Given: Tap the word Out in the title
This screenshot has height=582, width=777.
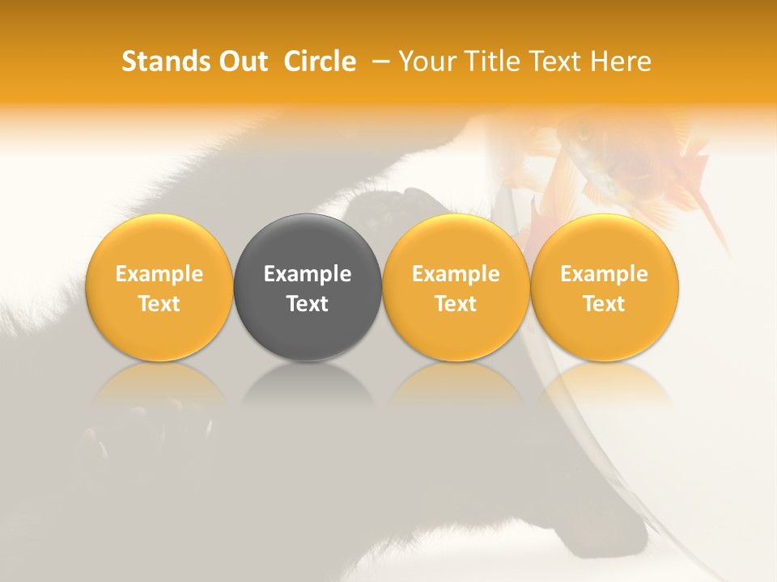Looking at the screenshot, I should coord(241,61).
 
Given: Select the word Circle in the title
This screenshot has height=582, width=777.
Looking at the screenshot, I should coord(320,61).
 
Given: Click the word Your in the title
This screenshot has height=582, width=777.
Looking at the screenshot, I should coord(426,61).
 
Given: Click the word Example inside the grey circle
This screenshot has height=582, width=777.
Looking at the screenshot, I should coord(308,274).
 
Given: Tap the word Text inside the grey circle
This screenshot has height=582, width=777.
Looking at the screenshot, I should coord(308,304).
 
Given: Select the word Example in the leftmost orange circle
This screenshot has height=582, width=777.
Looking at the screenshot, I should coord(159,274).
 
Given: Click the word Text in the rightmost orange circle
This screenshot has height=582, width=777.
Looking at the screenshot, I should coord(604,304).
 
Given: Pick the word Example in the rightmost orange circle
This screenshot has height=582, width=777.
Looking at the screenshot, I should coord(604,274).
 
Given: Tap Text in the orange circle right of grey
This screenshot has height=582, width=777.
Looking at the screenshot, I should coord(456,304).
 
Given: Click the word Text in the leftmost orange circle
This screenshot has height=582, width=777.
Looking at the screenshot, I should coord(159,304).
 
